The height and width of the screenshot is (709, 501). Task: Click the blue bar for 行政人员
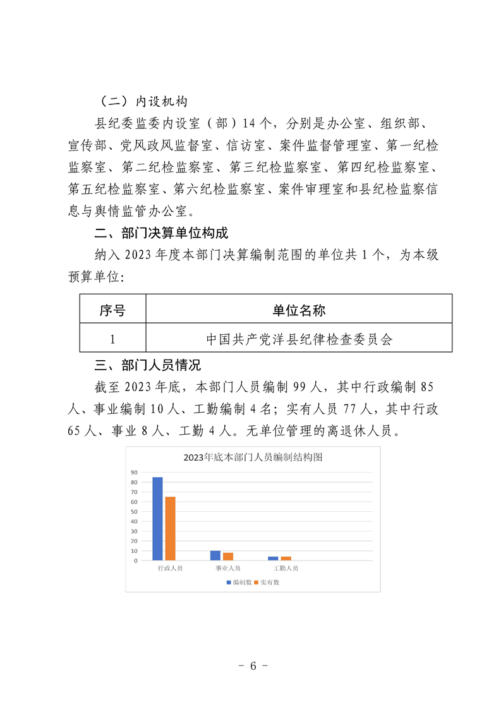click(157, 518)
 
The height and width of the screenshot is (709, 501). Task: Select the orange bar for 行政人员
click(170, 528)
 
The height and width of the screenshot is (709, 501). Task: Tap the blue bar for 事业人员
click(215, 555)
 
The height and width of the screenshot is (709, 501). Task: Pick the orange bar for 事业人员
click(228, 556)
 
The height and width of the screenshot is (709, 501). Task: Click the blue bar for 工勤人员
click(273, 558)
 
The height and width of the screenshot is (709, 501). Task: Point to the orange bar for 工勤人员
click(286, 558)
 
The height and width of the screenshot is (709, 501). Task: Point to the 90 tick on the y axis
click(134, 473)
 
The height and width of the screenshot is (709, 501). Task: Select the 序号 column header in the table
click(112, 310)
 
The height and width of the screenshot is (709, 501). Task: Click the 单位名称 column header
click(299, 310)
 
